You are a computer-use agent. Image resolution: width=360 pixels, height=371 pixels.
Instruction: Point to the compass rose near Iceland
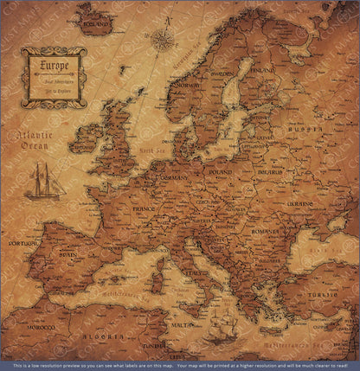pyautogui.click(x=162, y=39)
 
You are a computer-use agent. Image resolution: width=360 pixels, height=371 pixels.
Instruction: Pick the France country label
pyautogui.click(x=119, y=209)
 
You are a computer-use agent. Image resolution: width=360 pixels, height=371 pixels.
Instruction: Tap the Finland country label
pyautogui.click(x=264, y=68)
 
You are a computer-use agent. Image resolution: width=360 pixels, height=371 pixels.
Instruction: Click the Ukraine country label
pyautogui.click(x=299, y=204)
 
